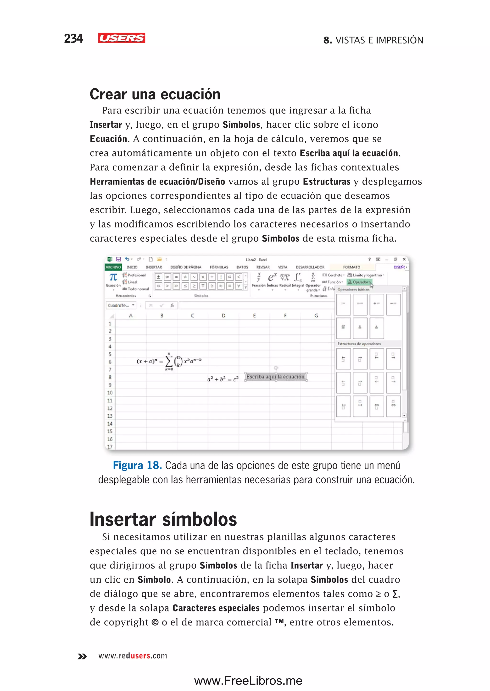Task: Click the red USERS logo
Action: point(122,38)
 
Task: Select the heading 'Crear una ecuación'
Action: point(155,94)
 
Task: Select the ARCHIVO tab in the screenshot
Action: point(113,267)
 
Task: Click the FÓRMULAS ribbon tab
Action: point(219,267)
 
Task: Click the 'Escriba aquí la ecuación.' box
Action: point(276,377)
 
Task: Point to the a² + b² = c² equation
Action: point(223,379)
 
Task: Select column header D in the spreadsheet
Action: point(223,316)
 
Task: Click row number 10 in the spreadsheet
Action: point(110,393)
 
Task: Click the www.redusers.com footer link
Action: point(133,656)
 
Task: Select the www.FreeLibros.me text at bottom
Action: point(248,680)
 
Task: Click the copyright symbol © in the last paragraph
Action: point(155,622)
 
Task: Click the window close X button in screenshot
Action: point(404,259)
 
